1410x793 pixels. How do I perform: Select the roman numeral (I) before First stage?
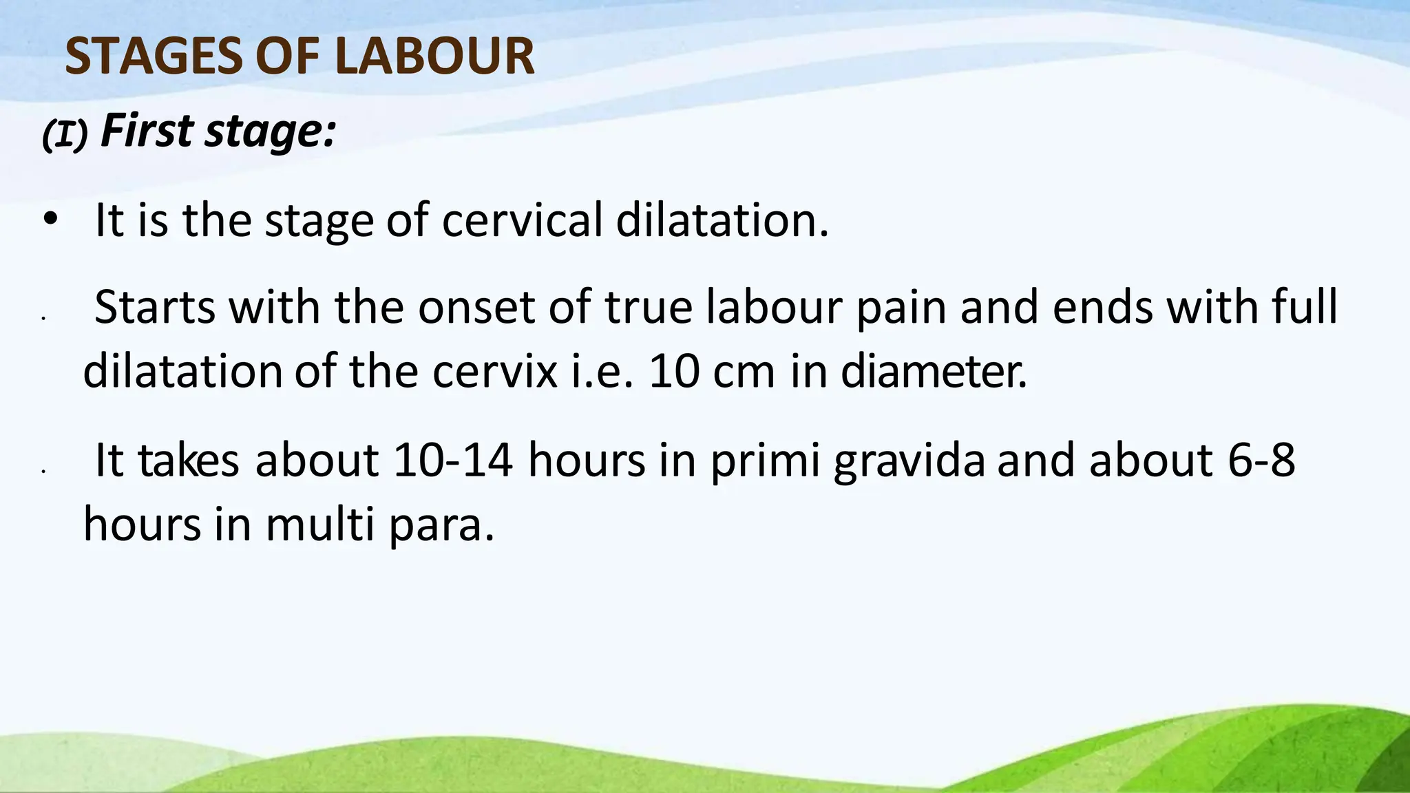pyautogui.click(x=65, y=135)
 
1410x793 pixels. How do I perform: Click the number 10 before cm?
pyautogui.click(x=673, y=372)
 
